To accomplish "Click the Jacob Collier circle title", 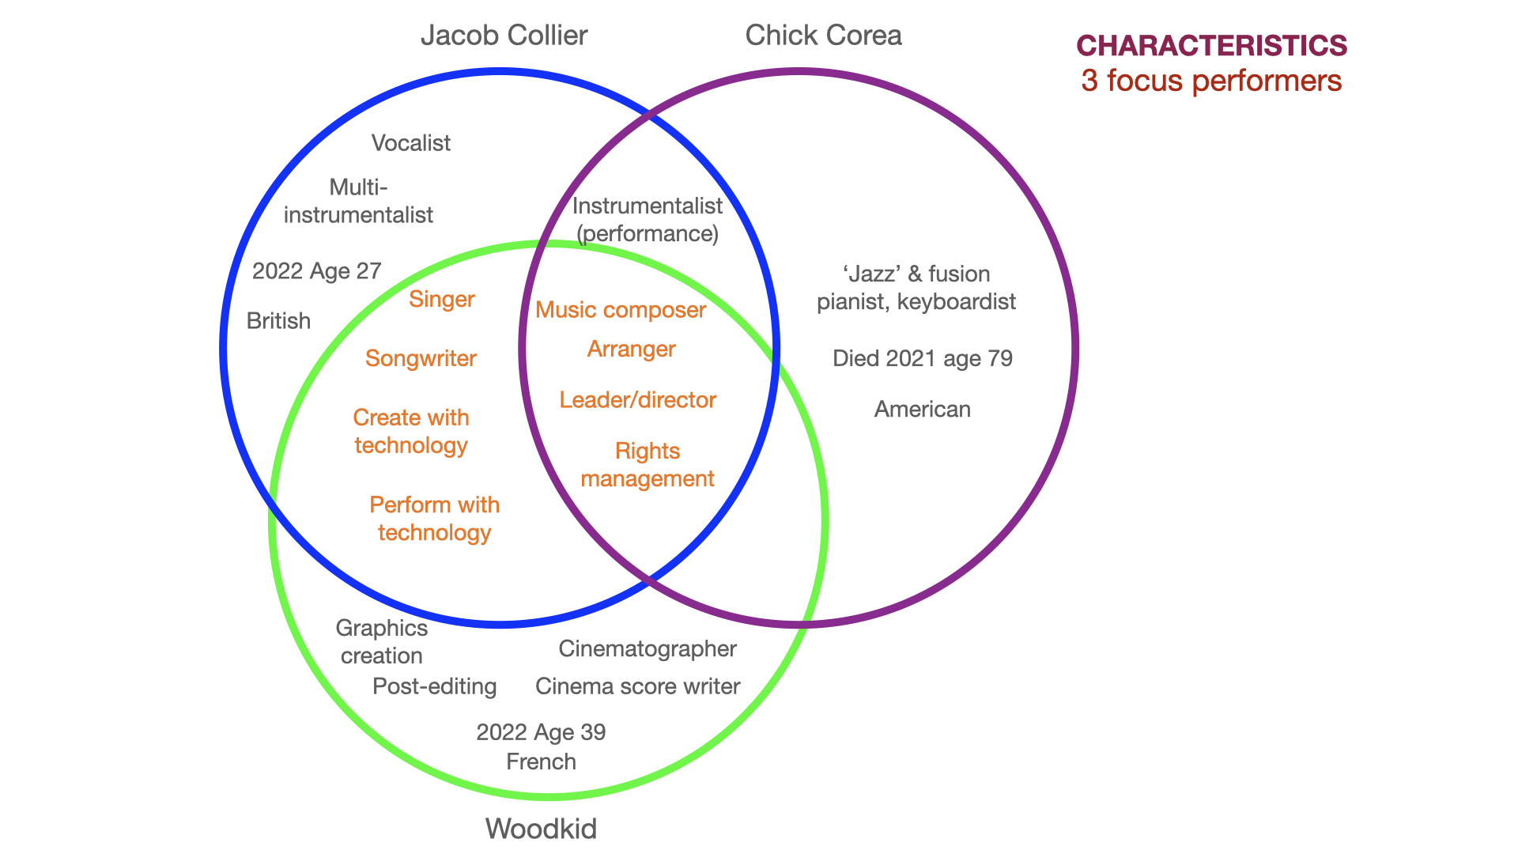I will [x=504, y=36].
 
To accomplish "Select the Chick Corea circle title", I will [x=823, y=36].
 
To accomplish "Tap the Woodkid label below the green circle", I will [x=541, y=829].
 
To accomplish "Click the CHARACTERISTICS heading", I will [x=1211, y=46].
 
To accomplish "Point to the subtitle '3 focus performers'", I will [x=1211, y=81].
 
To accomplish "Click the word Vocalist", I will [x=410, y=143].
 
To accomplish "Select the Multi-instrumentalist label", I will [x=358, y=201].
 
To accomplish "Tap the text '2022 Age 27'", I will [x=316, y=271].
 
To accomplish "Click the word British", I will [x=278, y=321].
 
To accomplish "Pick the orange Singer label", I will [x=441, y=300].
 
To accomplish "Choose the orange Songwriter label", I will [x=421, y=359].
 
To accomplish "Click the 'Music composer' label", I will [x=621, y=310].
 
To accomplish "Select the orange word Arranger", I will [x=631, y=350].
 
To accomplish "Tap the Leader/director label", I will [x=637, y=400].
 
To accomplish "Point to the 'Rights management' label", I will [x=648, y=465].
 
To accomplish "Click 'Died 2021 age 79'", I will [x=922, y=359].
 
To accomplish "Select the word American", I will [x=922, y=410].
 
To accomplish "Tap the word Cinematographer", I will [x=648, y=649].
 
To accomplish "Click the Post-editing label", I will [x=434, y=686].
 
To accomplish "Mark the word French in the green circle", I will [x=541, y=762].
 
